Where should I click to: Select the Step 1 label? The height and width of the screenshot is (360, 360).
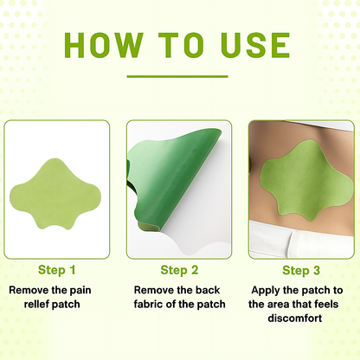pos(56,270)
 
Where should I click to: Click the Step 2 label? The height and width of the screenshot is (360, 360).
pos(179,270)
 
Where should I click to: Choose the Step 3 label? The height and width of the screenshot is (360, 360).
pos(301,270)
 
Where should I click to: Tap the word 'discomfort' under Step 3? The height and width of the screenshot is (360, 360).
pos(302,319)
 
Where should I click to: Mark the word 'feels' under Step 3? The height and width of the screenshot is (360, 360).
pos(339,304)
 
